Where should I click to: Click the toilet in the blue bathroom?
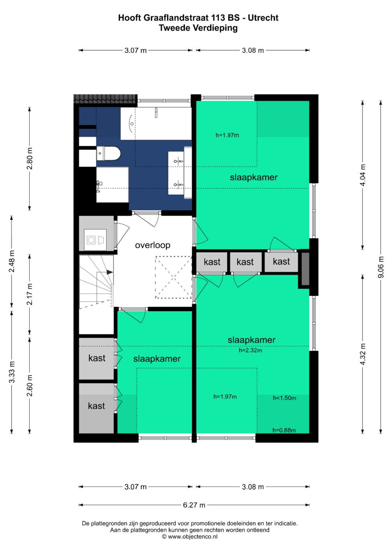pyautogui.click(x=109, y=153)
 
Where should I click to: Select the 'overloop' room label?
pyautogui.click(x=152, y=245)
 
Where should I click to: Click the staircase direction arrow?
pyautogui.click(x=109, y=272)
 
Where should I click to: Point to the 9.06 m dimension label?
pyautogui.click(x=380, y=267)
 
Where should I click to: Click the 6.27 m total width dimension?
pyautogui.click(x=194, y=505)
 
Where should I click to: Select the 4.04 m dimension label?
pyautogui.click(x=362, y=175)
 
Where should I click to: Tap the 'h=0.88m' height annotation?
pyautogui.click(x=284, y=430)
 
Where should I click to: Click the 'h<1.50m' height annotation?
pyautogui.click(x=284, y=398)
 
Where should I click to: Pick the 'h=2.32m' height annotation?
pyautogui.click(x=250, y=350)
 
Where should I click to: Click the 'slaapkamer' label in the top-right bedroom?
pyautogui.click(x=253, y=177)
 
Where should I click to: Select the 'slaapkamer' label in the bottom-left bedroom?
pyautogui.click(x=157, y=359)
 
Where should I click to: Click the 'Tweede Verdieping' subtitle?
pyautogui.click(x=198, y=28)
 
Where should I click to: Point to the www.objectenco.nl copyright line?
pyautogui.click(x=189, y=537)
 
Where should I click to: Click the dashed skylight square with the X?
pyautogui.click(x=173, y=278)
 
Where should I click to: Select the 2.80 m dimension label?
pyautogui.click(x=29, y=159)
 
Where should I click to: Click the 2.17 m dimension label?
pyautogui.click(x=29, y=294)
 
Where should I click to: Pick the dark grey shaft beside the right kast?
pyautogui.click(x=305, y=269)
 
